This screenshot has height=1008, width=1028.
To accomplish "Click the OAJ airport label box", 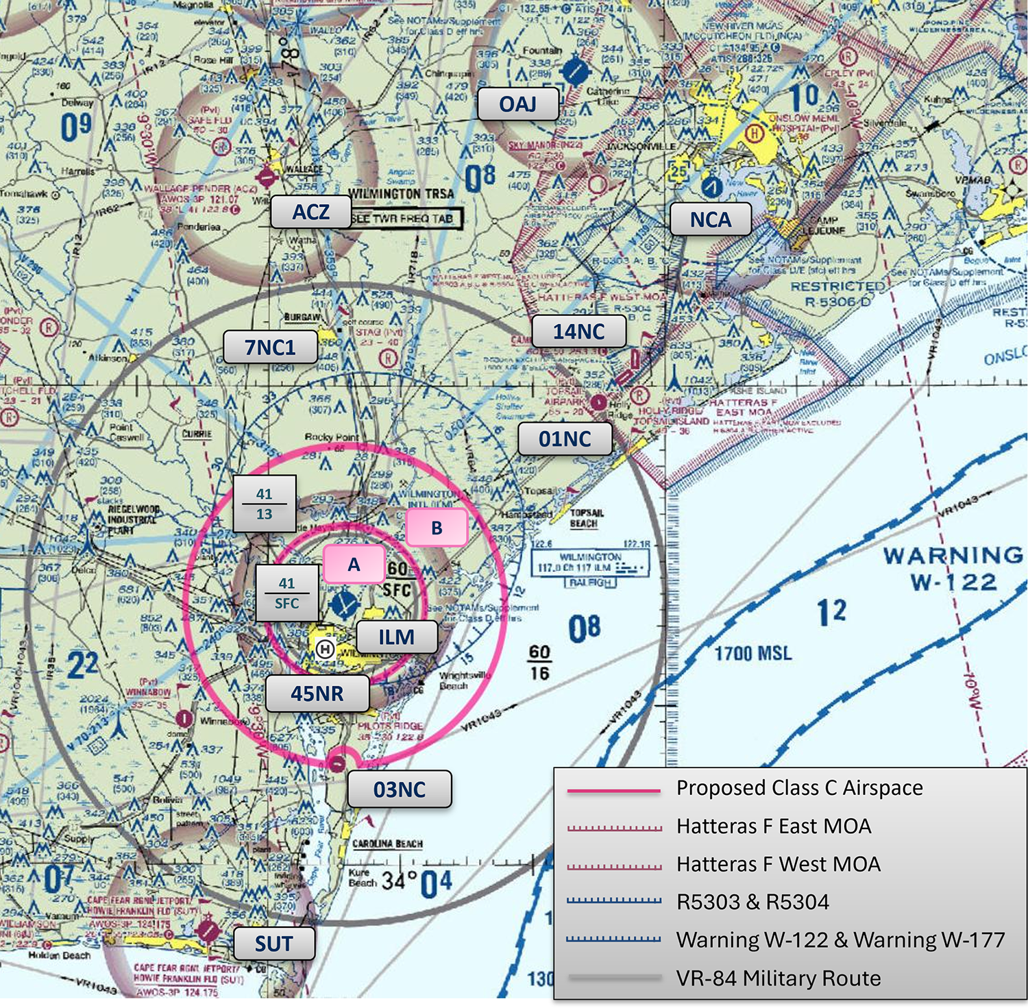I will [x=517, y=104].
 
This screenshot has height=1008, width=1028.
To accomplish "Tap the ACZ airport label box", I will [x=310, y=212].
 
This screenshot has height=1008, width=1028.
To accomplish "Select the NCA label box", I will [x=710, y=219].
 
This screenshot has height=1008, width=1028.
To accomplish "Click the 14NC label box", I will [x=578, y=332].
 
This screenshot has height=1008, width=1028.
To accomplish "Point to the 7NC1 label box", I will [x=270, y=347].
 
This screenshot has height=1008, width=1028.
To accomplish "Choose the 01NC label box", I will [x=565, y=439].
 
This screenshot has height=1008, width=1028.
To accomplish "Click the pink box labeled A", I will [x=354, y=564].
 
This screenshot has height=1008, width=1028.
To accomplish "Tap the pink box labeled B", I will [x=437, y=528].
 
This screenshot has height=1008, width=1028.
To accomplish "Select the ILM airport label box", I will [x=396, y=637].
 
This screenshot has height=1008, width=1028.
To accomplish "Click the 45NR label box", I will [x=317, y=693].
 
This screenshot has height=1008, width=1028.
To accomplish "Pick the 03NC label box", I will [x=400, y=789].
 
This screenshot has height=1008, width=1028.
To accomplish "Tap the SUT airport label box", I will [x=274, y=944].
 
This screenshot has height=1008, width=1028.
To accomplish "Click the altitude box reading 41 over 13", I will [x=265, y=504].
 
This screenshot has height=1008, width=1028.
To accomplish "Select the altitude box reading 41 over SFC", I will [x=286, y=593].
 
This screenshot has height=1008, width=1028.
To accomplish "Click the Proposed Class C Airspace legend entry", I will [x=799, y=788].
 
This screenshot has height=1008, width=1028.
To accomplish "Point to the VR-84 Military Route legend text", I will [x=778, y=978].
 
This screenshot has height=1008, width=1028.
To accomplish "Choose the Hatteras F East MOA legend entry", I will [x=773, y=826].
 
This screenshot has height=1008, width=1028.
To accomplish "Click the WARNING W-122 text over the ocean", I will [x=953, y=568].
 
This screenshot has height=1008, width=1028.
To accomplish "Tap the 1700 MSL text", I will [x=752, y=653].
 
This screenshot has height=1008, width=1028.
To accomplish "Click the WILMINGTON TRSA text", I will [x=402, y=194].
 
